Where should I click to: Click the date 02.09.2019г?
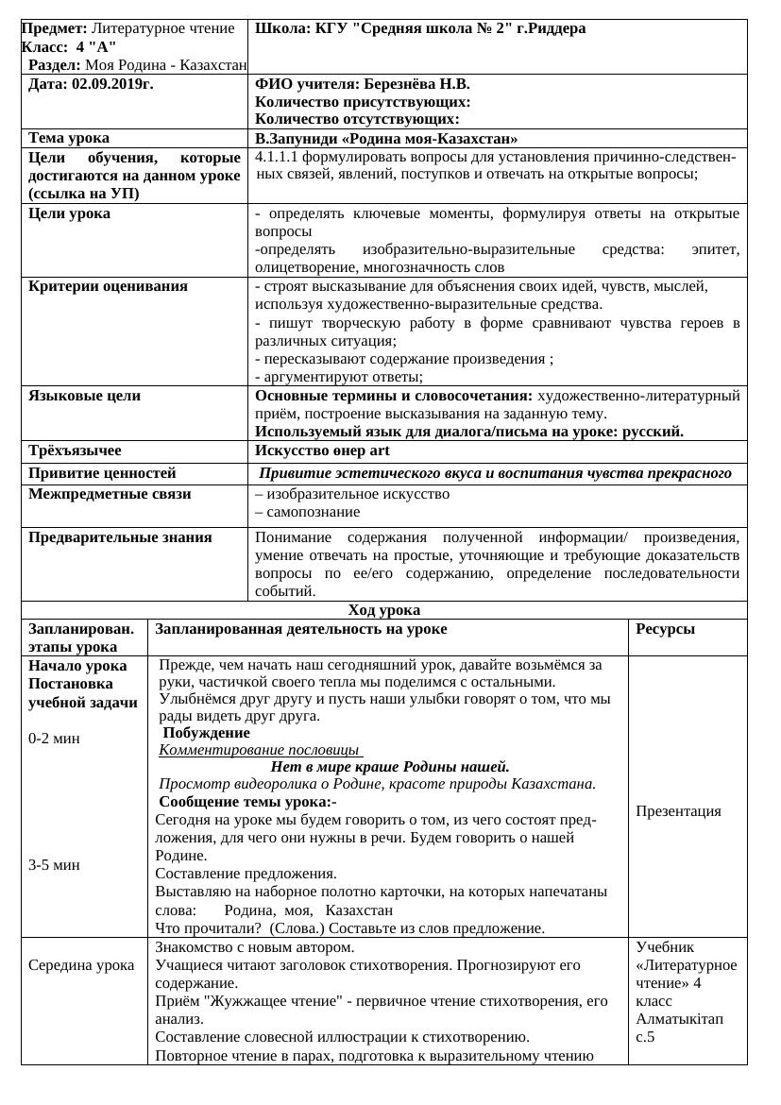pyautogui.click(x=111, y=84)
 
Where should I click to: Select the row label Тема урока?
pyautogui.click(x=69, y=138)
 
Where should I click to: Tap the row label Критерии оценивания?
pyautogui.click(x=108, y=286)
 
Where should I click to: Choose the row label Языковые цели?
pyautogui.click(x=84, y=396)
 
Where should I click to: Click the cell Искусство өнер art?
pyautogui.click(x=322, y=450)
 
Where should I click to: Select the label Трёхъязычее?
pyautogui.click(x=75, y=450)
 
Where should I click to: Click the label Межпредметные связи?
pyautogui.click(x=110, y=494)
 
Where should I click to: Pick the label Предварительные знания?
pyautogui.click(x=120, y=537)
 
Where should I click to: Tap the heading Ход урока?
pyautogui.click(x=383, y=610)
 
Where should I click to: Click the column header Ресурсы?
pyautogui.click(x=666, y=629)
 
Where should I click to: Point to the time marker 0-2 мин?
pyautogui.click(x=54, y=739)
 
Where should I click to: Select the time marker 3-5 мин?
pyautogui.click(x=54, y=864)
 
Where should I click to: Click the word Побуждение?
pyautogui.click(x=207, y=733)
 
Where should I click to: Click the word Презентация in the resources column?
pyautogui.click(x=678, y=811)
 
